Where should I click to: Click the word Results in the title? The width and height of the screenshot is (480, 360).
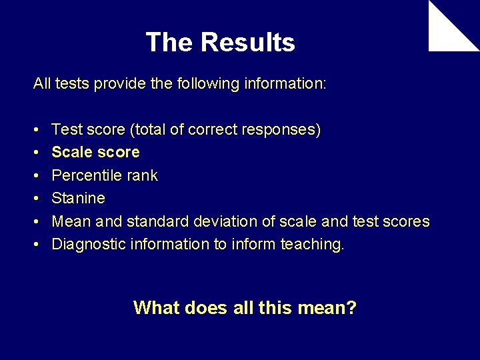point(247,43)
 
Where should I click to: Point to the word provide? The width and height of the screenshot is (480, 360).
point(115,84)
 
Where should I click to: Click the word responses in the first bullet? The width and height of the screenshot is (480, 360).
point(285,129)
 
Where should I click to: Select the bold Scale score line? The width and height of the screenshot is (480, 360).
point(95,152)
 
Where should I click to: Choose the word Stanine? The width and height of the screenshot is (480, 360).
point(78,198)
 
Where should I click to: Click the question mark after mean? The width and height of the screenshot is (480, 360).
point(351,308)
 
